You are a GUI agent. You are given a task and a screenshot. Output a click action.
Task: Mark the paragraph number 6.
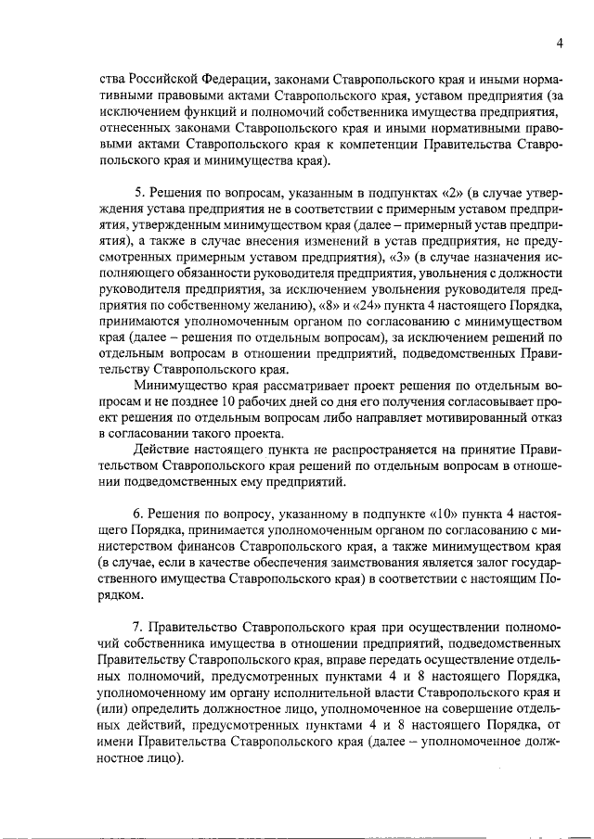pos(138,513)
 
